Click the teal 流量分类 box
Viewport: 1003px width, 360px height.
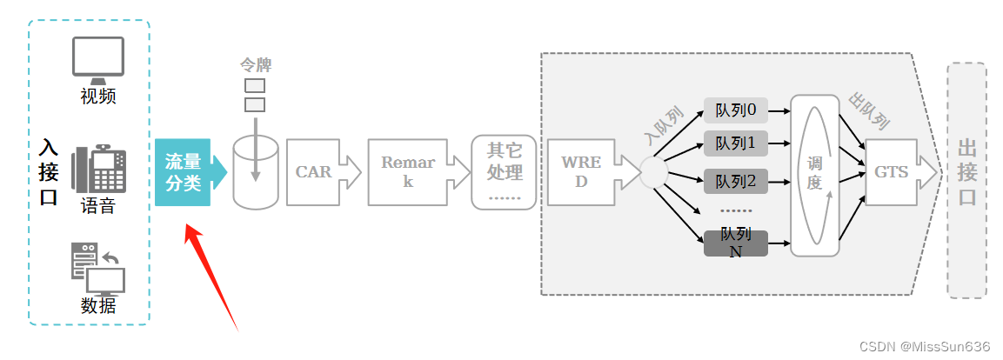pyautogui.click(x=184, y=172)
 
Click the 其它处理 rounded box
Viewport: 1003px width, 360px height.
pyautogui.click(x=505, y=172)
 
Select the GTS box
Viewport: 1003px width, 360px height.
pyautogui.click(x=893, y=172)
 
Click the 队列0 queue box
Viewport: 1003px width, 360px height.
pyautogui.click(x=736, y=110)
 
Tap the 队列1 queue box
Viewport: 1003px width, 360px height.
pyautogui.click(x=736, y=142)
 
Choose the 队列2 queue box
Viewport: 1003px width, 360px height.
pyautogui.click(x=736, y=181)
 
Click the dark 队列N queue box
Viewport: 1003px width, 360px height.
pyautogui.click(x=736, y=243)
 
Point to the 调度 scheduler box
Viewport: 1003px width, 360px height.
pyautogui.click(x=815, y=174)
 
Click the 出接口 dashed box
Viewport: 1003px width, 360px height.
pyautogui.click(x=966, y=180)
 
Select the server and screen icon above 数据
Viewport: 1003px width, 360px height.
pyautogui.click(x=97, y=269)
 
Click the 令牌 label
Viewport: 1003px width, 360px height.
pyautogui.click(x=256, y=65)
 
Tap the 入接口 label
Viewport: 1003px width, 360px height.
pyautogui.click(x=49, y=172)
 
